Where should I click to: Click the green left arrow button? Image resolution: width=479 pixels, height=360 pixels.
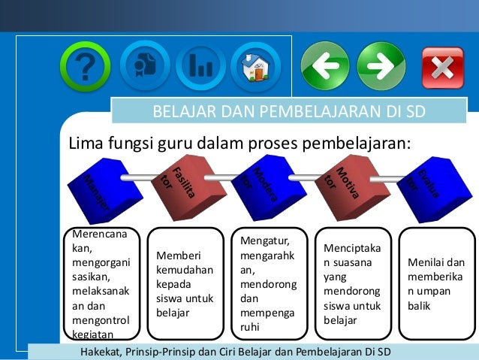point(325,66)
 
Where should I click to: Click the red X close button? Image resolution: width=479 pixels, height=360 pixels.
point(442,68)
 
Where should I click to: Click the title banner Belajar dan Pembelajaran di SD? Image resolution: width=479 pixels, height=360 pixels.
point(289,113)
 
